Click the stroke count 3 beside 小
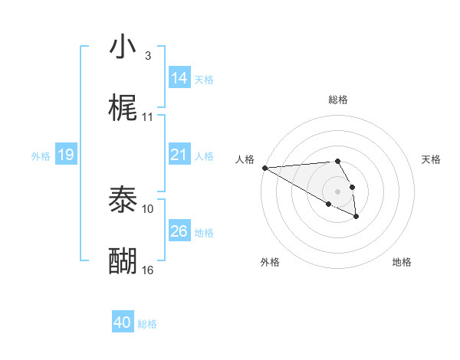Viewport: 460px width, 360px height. (x=147, y=56)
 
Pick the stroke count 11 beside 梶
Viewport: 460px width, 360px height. (x=148, y=117)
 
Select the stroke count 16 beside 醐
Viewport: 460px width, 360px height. (x=148, y=270)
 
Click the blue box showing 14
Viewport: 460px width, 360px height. (x=179, y=78)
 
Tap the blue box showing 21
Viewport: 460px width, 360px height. (x=179, y=155)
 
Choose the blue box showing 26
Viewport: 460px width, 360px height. (x=179, y=231)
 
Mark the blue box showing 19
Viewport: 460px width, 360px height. (x=66, y=155)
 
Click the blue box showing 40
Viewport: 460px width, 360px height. (x=123, y=323)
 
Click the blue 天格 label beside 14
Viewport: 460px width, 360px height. (x=204, y=79)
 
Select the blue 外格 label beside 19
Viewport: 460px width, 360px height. (x=41, y=156)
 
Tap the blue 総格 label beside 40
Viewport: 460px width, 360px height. (x=147, y=324)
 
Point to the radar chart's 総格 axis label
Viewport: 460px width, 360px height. (x=338, y=100)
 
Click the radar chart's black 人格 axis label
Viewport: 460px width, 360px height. (x=245, y=159)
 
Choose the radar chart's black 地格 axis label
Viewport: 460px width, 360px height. (x=402, y=262)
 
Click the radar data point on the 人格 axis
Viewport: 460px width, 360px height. (x=264, y=168)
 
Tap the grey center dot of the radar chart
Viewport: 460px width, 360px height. (x=337, y=191)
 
